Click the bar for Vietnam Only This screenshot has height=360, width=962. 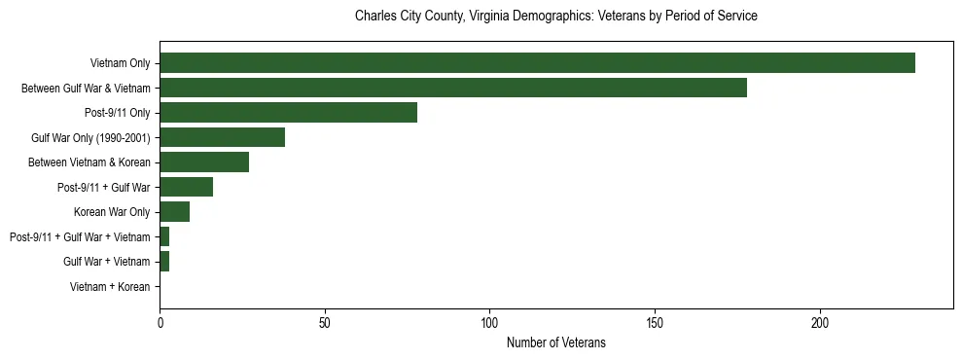point(537,63)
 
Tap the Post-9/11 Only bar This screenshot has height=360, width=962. point(288,113)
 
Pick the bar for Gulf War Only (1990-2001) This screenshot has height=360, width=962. point(222,137)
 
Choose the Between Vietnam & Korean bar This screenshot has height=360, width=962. point(204,162)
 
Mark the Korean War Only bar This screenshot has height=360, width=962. point(174,212)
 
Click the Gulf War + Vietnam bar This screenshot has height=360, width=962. point(164,262)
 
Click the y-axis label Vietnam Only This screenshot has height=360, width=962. point(120,63)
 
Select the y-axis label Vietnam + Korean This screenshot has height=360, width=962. point(110,287)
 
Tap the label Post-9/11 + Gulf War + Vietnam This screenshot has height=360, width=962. point(80,237)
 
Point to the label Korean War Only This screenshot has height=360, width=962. point(112,212)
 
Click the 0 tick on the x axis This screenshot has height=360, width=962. point(160,322)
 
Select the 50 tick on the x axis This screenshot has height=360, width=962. point(325,322)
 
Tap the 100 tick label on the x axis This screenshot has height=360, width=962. point(489,322)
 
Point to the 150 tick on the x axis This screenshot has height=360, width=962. point(655,322)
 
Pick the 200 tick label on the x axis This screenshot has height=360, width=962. point(820,322)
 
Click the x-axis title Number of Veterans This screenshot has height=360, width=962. point(555,342)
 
